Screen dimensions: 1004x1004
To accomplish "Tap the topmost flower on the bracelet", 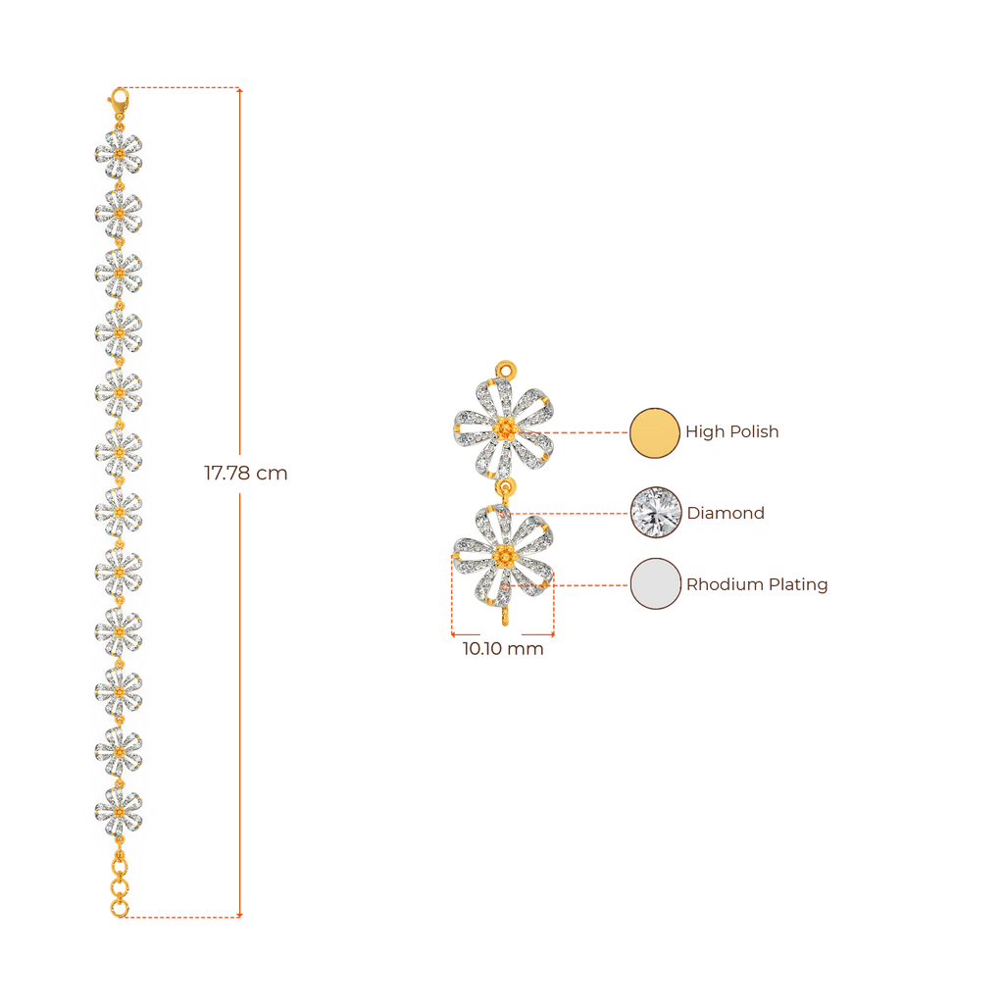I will coord(119,153).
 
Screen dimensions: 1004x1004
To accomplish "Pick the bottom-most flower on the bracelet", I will coord(119,810).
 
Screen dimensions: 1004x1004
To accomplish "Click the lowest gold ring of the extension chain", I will coord(119,908).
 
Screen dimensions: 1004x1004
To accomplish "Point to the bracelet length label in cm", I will coord(245,474).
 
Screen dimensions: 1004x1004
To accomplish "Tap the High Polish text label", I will coord(731,432).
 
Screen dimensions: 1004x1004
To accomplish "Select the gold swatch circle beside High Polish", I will coord(654,432).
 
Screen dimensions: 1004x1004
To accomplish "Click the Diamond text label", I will coord(726,513).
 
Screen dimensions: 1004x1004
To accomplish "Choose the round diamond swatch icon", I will coord(654,512).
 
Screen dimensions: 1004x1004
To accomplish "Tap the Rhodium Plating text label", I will coord(756,585).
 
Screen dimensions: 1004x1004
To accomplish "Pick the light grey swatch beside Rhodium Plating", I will coord(654,584).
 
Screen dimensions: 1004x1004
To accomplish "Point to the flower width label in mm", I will coord(502,649).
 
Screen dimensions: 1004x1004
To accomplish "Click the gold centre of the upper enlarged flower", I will coord(504,428).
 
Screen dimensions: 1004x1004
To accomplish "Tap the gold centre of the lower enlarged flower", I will coord(504,557).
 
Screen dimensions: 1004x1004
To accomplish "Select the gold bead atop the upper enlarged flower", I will coord(505,371).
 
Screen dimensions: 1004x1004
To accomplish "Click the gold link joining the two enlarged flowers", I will coord(505,488).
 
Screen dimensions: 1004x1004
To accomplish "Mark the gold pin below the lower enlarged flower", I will coord(505,615).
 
